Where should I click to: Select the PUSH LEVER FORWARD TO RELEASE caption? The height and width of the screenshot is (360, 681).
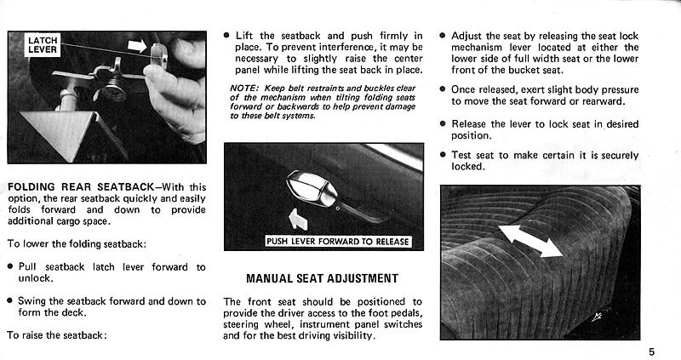pos(338,241)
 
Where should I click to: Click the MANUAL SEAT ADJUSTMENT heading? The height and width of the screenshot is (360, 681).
pos(322,278)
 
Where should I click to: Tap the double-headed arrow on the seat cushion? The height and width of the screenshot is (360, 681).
pos(530,241)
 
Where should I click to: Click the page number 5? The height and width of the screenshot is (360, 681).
pos(650,350)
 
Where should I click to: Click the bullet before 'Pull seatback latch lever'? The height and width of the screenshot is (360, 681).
pos(9,267)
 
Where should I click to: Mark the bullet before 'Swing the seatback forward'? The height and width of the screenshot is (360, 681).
pos(9,301)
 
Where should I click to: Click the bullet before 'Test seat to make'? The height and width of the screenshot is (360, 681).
pos(444,155)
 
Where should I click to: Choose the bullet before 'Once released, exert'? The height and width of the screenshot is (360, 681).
pos(444,89)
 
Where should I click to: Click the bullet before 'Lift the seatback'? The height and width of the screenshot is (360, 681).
pos(226,36)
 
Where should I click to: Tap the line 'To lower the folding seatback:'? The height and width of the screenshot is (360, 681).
pos(76,244)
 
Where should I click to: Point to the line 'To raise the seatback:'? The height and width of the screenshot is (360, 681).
pos(55,335)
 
